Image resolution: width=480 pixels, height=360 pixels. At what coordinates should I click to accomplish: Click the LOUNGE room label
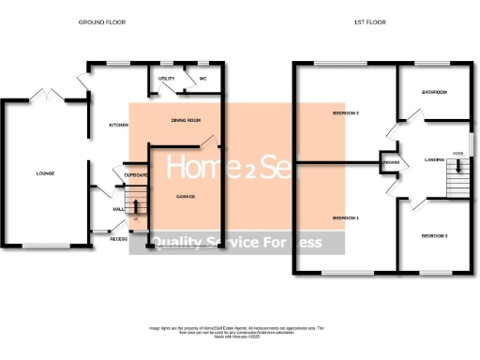pyautogui.click(x=45, y=173)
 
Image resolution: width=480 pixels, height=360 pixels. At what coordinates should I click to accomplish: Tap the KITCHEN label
pyautogui.click(x=118, y=125)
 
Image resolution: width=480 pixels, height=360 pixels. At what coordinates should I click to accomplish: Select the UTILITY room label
pyautogui.click(x=167, y=79)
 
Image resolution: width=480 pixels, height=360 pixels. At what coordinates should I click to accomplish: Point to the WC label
pyautogui.click(x=202, y=79)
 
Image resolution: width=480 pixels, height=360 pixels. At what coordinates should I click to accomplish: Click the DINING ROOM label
pyautogui.click(x=187, y=120)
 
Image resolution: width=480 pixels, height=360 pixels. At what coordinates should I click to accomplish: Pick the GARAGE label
pyautogui.click(x=187, y=197)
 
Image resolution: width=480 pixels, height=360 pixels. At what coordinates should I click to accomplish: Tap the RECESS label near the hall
pyautogui.click(x=118, y=239)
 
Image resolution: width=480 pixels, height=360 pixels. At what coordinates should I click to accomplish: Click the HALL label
pyautogui.click(x=118, y=210)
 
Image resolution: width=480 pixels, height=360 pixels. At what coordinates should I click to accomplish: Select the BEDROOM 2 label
pyautogui.click(x=347, y=112)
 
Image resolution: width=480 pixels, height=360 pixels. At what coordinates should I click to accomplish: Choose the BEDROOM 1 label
pyautogui.click(x=347, y=218)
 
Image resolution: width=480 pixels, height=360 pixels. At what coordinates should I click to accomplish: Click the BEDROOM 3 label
pyautogui.click(x=433, y=235)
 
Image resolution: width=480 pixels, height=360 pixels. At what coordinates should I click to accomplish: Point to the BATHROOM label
pyautogui.click(x=434, y=92)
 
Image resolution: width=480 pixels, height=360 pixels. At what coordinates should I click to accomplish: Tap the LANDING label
pyautogui.click(x=434, y=159)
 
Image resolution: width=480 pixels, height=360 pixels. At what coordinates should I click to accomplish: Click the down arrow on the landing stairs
pyautogui.click(x=458, y=167)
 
